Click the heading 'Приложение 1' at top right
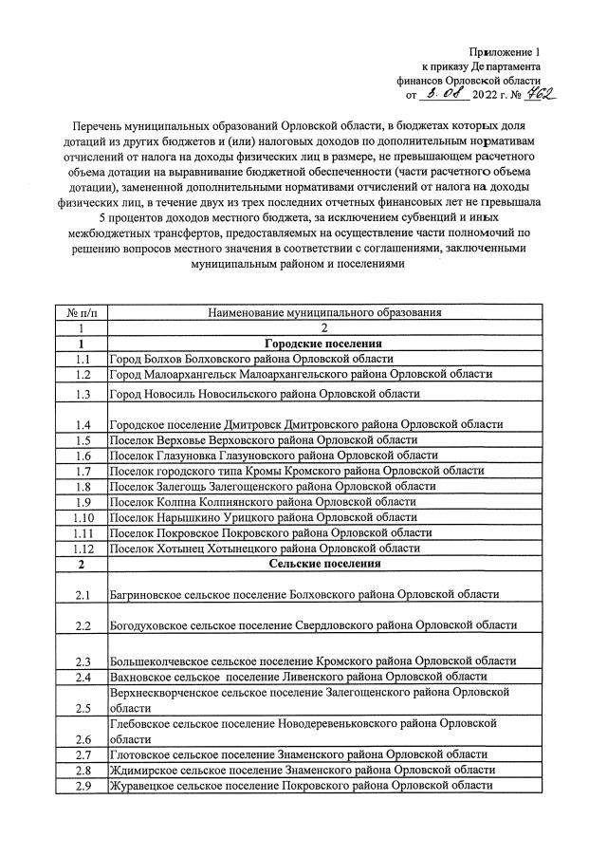pyautogui.click(x=504, y=51)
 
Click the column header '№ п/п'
pyautogui.click(x=83, y=311)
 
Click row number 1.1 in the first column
pyautogui.click(x=83, y=359)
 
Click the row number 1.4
pyautogui.click(x=83, y=424)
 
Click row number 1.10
pyautogui.click(x=83, y=517)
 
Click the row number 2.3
pyautogui.click(x=83, y=661)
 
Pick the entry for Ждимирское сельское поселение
pyautogui.click(x=302, y=770)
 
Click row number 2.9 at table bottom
pyautogui.click(x=83, y=786)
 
